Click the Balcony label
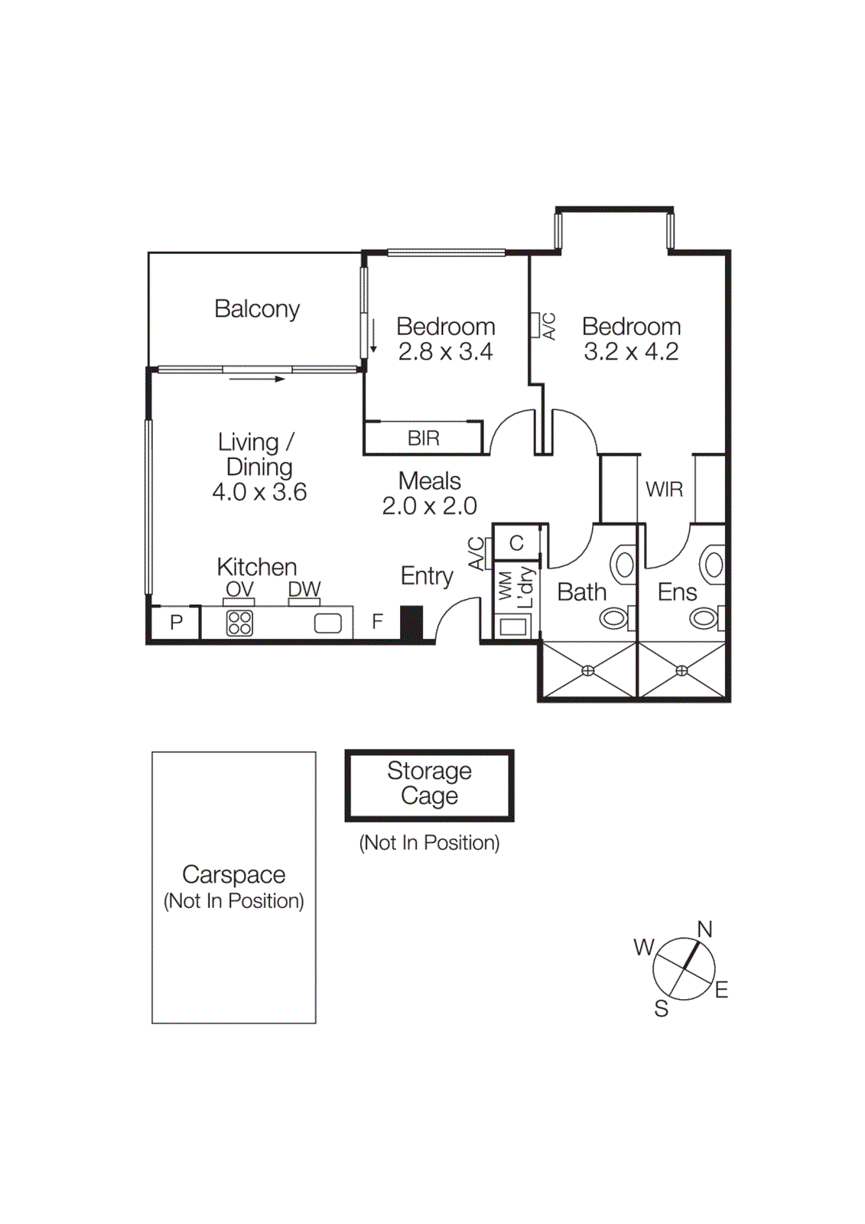(257, 309)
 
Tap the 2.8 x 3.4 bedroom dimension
(445, 352)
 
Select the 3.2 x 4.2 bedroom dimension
(631, 352)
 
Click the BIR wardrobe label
(423, 438)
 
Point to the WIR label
(664, 490)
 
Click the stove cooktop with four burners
(239, 623)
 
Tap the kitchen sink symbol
(328, 623)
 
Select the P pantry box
(176, 623)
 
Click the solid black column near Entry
(411, 623)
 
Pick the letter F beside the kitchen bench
(377, 622)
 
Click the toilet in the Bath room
(616, 617)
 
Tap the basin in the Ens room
(714, 566)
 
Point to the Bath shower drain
(587, 671)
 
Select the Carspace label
(233, 874)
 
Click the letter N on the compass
(704, 929)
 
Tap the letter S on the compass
(661, 1009)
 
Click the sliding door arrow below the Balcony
(256, 379)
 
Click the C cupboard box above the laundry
(516, 543)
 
